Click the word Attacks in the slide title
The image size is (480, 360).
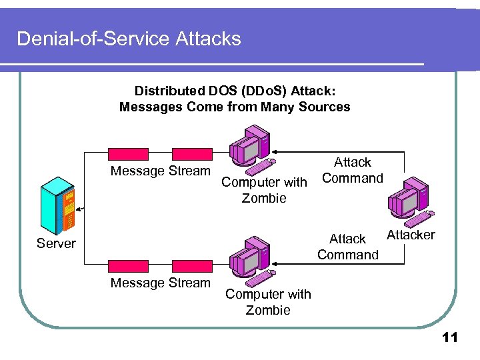(209, 39)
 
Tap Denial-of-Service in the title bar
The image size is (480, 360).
(94, 39)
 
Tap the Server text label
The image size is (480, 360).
(56, 243)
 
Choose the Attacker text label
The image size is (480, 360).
(411, 235)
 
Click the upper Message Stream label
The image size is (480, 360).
(160, 171)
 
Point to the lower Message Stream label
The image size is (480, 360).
(160, 283)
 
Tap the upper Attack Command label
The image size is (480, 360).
(352, 170)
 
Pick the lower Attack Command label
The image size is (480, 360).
(348, 247)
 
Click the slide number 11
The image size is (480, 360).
(450, 338)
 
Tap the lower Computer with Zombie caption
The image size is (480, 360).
(268, 302)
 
